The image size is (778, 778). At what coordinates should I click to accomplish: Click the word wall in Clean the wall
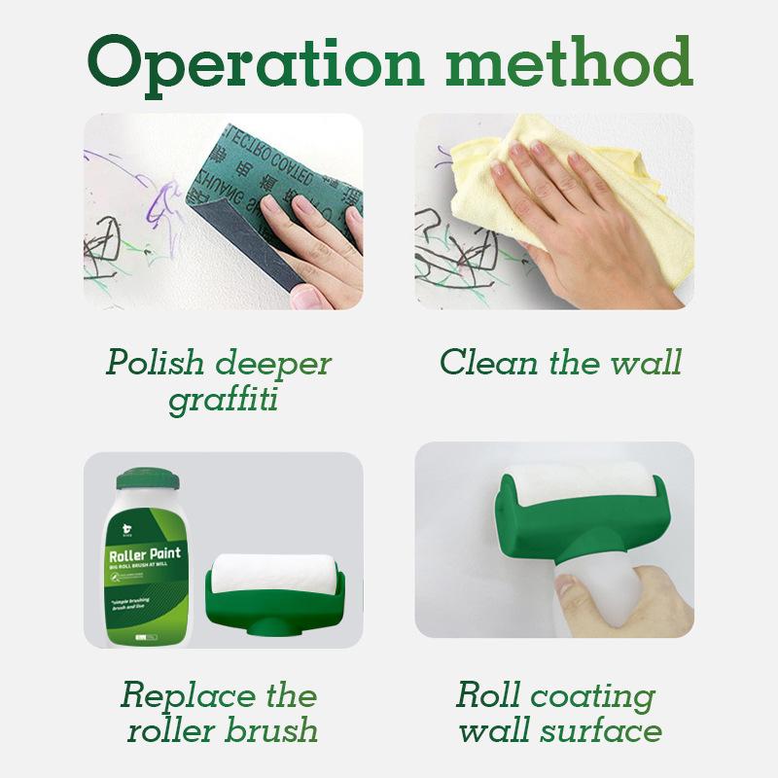point(646,363)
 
